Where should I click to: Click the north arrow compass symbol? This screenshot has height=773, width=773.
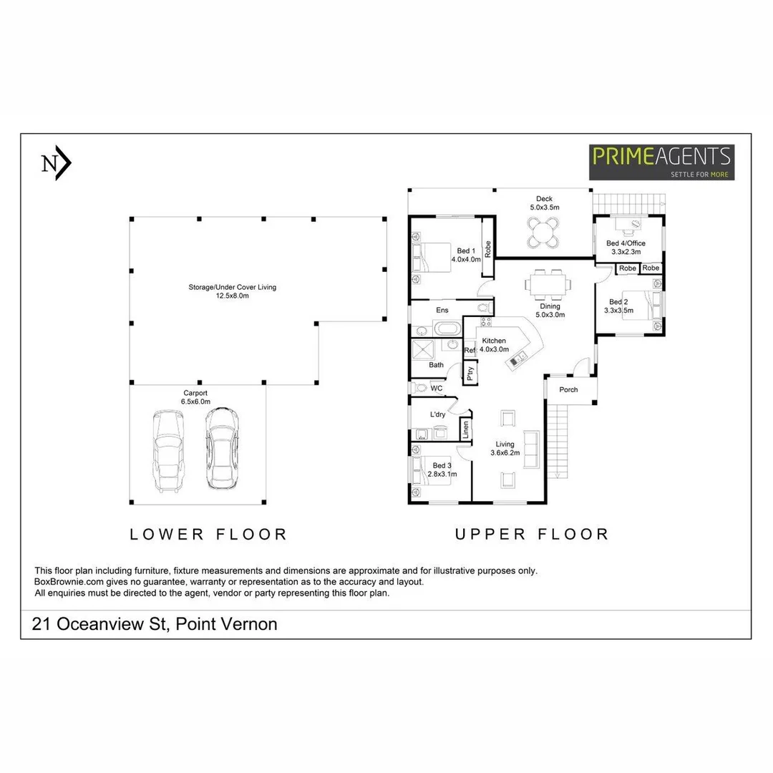coord(56,164)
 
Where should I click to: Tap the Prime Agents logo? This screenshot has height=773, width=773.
coord(662,162)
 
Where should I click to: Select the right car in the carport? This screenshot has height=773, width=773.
coord(222,449)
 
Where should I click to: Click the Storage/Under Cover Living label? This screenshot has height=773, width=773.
coord(232,291)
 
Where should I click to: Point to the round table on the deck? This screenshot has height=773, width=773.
coord(543,231)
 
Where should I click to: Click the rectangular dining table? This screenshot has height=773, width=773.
coord(548,284)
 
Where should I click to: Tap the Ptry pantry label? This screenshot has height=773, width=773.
coord(470,371)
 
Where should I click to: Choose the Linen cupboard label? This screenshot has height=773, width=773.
coord(465,429)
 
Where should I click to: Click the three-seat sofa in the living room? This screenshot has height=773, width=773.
coord(531,449)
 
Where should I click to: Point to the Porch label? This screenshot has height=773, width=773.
coord(568,390)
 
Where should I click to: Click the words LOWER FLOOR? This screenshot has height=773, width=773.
coord(208,534)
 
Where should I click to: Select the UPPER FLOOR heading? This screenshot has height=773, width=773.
coord(531,534)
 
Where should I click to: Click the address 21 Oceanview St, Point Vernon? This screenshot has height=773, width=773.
coord(155,624)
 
